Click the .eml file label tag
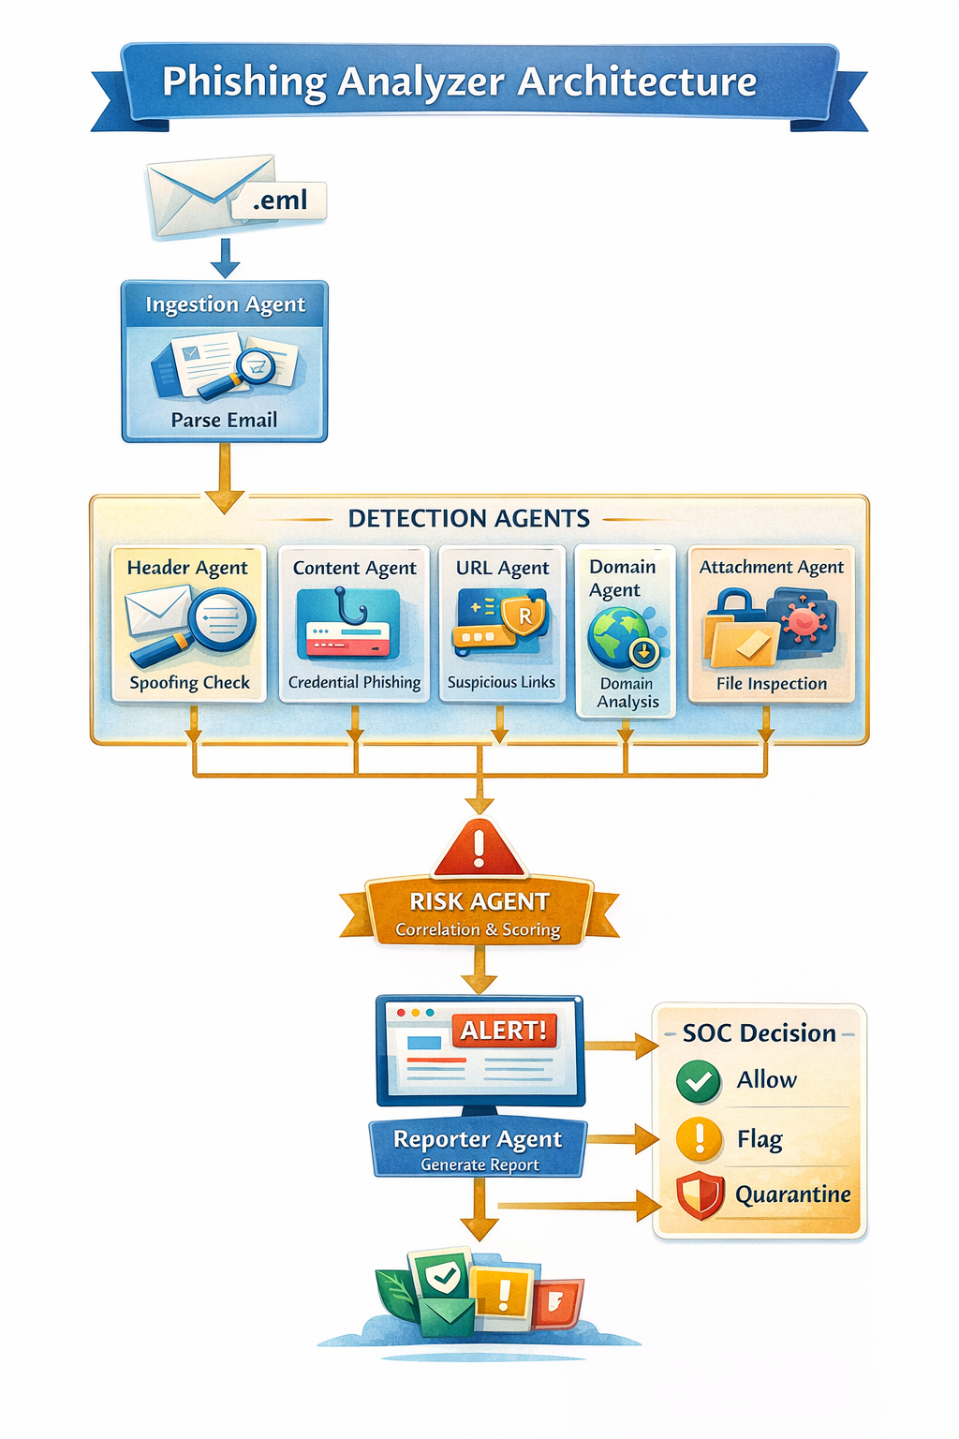click(x=279, y=200)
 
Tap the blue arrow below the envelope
click(x=225, y=258)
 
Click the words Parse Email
click(x=224, y=420)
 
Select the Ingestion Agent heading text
click(x=225, y=304)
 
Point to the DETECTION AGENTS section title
click(x=469, y=518)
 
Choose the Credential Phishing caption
click(x=354, y=682)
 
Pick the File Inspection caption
click(x=772, y=684)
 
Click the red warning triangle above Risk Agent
click(x=479, y=849)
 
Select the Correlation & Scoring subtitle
click(x=478, y=929)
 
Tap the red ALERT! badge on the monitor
click(x=504, y=1031)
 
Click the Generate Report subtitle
click(x=479, y=1165)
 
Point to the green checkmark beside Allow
click(x=698, y=1081)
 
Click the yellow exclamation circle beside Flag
click(x=699, y=1139)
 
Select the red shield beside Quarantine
click(x=700, y=1195)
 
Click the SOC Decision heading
click(x=759, y=1033)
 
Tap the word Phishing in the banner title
click(x=244, y=82)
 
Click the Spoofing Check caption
click(x=189, y=682)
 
